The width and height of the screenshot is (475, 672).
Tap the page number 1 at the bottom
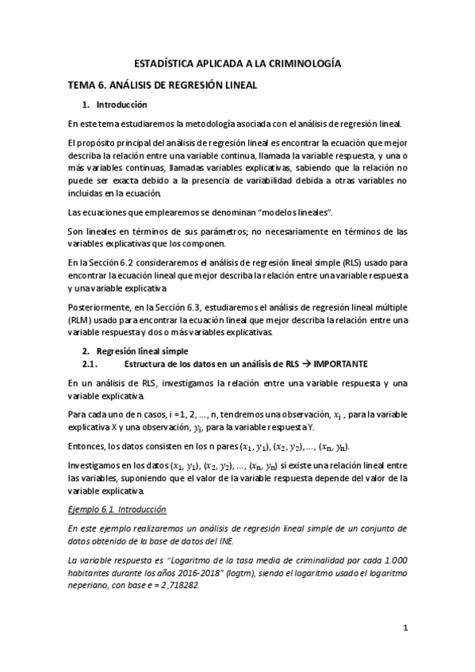pos(404,630)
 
